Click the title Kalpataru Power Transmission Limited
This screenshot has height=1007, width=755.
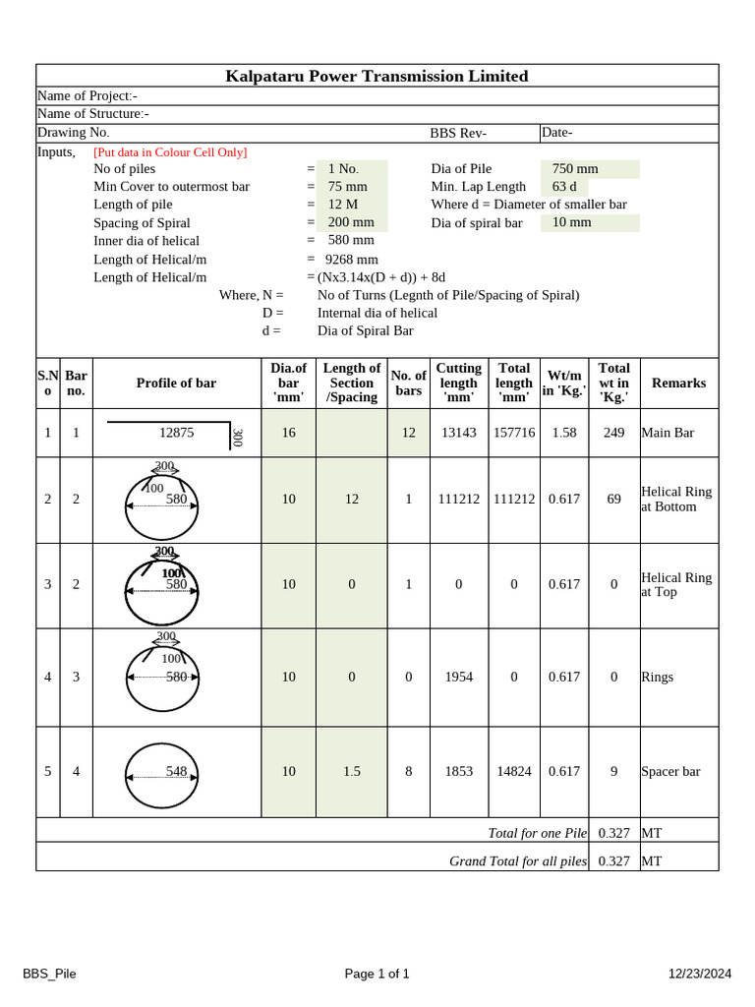[x=377, y=76]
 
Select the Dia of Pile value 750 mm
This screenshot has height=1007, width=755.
[x=575, y=169]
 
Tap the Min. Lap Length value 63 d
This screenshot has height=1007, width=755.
[x=564, y=187]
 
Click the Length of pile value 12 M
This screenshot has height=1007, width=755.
[x=344, y=205]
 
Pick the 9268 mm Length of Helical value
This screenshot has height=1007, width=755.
[x=352, y=260]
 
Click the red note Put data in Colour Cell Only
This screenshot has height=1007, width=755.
[x=170, y=152]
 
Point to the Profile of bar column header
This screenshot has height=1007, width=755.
[x=176, y=383]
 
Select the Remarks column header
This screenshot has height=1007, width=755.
[x=678, y=383]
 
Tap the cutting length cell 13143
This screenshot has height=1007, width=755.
[x=458, y=433]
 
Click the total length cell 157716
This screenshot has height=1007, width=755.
[x=514, y=433]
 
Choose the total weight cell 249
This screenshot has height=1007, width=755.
[x=613, y=433]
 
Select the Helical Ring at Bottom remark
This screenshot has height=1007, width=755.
[x=676, y=499]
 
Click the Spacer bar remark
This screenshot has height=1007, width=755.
[x=670, y=772]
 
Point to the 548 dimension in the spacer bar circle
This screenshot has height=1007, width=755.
[x=176, y=772]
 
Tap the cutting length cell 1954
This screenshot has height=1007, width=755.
[x=458, y=677]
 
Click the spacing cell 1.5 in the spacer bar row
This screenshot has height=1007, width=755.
[x=352, y=772]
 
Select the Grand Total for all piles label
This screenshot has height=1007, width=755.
[x=518, y=861]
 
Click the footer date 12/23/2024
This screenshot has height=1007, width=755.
[x=700, y=974]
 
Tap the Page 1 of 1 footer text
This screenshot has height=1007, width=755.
[x=377, y=974]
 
